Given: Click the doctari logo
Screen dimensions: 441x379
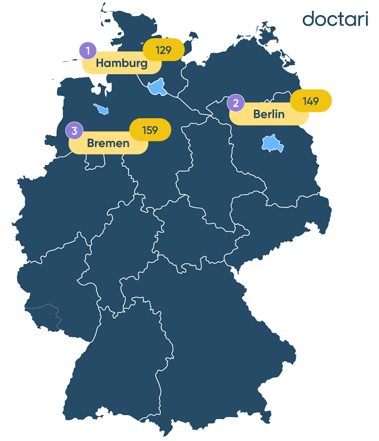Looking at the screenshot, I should click(x=335, y=19).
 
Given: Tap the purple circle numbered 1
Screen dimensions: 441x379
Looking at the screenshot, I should click(x=88, y=51).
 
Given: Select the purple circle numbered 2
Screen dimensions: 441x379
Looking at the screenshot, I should click(x=236, y=103).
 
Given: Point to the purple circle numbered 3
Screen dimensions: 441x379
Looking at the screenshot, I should click(x=75, y=131).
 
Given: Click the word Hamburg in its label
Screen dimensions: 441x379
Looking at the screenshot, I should click(x=121, y=64).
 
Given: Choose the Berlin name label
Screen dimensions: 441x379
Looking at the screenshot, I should click(x=269, y=114).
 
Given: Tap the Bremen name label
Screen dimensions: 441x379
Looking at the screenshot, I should click(x=108, y=144).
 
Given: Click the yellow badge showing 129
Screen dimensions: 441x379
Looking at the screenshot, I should click(x=163, y=50).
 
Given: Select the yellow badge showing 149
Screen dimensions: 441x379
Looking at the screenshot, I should click(x=311, y=101).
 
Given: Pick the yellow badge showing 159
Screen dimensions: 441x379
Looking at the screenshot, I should click(x=150, y=130).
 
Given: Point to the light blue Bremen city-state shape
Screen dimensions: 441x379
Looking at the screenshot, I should click(x=102, y=109).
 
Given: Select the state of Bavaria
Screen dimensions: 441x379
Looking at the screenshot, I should click(x=217, y=335).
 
